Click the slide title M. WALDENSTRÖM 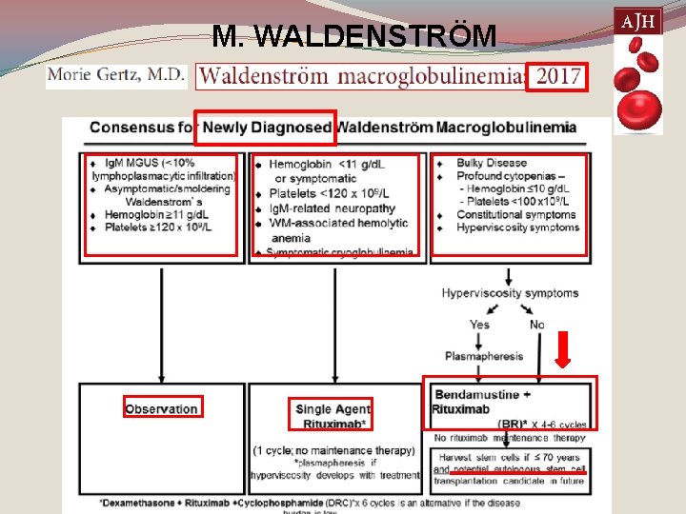(354, 36)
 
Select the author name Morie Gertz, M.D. (115, 75)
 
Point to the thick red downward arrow (563, 348)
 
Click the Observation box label (161, 409)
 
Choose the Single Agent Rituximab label (333, 416)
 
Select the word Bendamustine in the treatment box (477, 394)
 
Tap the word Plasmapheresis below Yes (484, 356)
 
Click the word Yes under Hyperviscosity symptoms (479, 325)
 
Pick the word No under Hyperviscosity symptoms (536, 325)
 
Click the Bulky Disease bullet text (492, 163)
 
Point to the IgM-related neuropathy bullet (332, 208)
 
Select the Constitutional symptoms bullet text (516, 214)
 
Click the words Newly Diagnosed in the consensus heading (268, 128)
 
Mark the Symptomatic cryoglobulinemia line (340, 252)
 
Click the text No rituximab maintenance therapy (504, 437)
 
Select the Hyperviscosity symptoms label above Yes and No (510, 293)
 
